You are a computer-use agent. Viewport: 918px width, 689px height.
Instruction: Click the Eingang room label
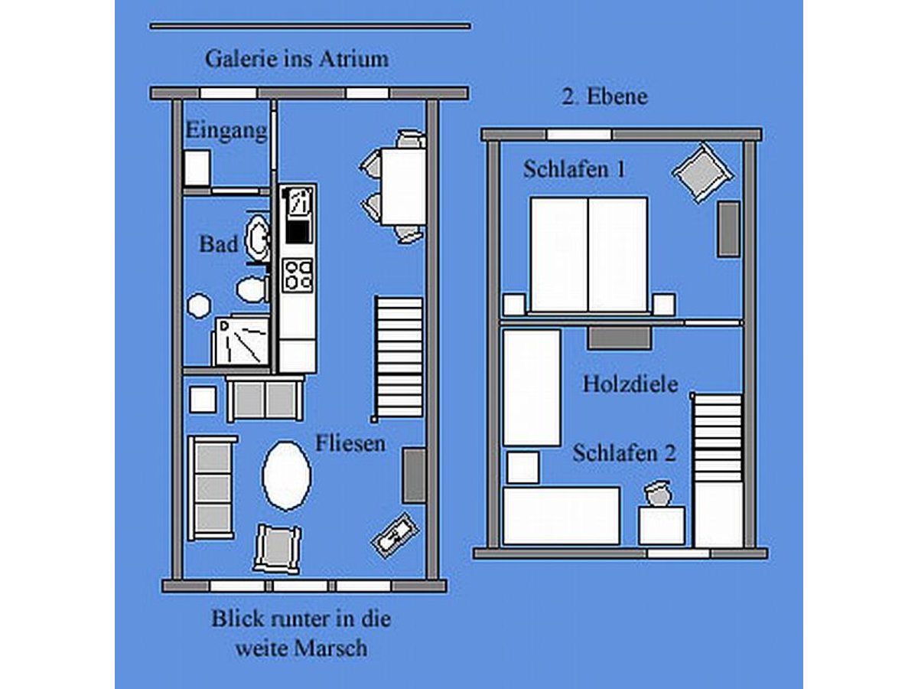tap(226, 132)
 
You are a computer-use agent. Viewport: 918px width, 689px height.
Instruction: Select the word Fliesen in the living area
tap(350, 442)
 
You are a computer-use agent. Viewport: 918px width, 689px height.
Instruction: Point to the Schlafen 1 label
tap(574, 169)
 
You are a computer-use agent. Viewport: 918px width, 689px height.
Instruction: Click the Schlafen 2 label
tap(624, 453)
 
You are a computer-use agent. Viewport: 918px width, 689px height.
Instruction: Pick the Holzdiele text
tap(630, 384)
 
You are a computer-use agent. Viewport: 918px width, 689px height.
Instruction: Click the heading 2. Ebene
tap(604, 97)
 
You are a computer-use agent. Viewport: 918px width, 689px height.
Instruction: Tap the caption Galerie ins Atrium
tap(296, 58)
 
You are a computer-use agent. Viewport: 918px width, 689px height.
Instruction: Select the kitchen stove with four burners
tap(298, 275)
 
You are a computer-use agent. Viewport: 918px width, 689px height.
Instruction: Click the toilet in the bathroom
tap(251, 289)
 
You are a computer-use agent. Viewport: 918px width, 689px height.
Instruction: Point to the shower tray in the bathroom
tap(241, 341)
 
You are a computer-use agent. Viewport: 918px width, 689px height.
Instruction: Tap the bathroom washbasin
tap(256, 237)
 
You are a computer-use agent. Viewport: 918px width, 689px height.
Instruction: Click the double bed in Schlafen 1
tap(588, 254)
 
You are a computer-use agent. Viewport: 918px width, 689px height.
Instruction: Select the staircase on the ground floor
tap(398, 358)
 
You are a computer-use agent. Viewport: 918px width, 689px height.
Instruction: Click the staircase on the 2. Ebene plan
tap(718, 438)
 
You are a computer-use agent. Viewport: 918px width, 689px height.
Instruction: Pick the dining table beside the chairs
tap(403, 186)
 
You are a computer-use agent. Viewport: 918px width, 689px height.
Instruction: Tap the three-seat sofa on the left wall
tap(211, 488)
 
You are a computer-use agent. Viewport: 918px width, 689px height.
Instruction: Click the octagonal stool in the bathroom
tap(198, 305)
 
